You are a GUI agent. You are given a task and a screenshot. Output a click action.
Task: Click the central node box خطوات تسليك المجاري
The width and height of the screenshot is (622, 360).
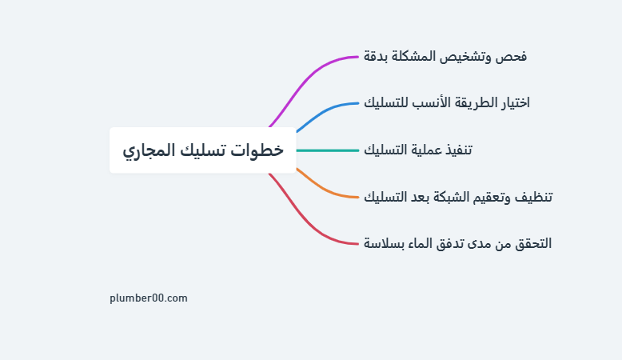coord(203,150)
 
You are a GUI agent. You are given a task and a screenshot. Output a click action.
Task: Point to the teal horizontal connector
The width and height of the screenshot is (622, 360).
coord(327,150)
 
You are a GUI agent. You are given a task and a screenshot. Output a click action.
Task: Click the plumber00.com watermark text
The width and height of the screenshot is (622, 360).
coord(149,298)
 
